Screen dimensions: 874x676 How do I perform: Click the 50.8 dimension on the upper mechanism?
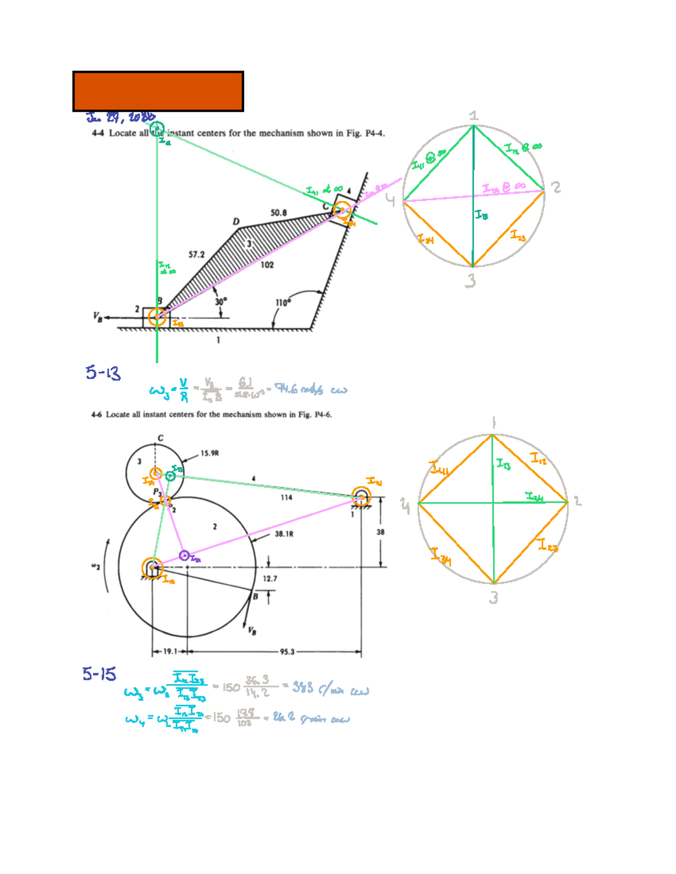[278, 213]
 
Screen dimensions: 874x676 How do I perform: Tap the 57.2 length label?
[196, 254]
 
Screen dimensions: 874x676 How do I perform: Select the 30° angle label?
[221, 302]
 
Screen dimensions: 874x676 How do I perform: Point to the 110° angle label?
[283, 303]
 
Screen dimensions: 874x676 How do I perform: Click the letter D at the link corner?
[236, 222]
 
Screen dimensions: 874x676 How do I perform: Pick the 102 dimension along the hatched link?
[267, 265]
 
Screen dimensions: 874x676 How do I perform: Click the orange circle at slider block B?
[157, 317]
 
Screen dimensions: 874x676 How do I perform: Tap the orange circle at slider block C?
[341, 210]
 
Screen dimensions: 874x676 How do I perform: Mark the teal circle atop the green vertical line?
[157, 129]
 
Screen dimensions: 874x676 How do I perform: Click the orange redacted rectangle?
[158, 91]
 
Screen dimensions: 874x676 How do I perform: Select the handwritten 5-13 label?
[103, 373]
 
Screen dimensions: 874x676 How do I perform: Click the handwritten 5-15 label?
[99, 674]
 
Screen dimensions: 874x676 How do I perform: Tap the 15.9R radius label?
[210, 453]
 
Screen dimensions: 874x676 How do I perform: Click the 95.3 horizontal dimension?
[287, 652]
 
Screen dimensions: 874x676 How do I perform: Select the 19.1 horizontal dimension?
[169, 652]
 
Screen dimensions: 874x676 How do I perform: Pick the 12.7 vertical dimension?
[270, 579]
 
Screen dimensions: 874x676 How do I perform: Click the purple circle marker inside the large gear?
[184, 556]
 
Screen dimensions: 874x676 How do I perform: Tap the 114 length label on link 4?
[286, 497]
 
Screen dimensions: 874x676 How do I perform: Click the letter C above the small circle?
[161, 438]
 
